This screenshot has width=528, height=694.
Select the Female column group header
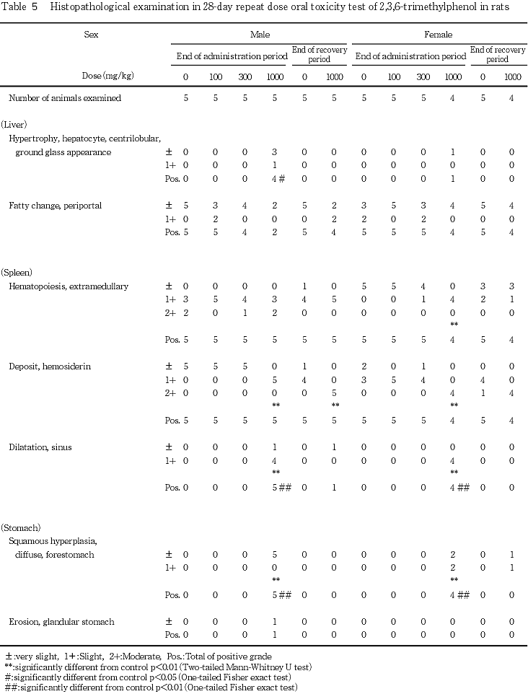(x=436, y=34)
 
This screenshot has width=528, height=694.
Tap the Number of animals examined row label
(x=65, y=97)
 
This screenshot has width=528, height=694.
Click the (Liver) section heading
(x=15, y=124)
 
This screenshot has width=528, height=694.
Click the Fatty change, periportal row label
(x=56, y=206)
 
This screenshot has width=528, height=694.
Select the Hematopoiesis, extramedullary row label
(x=69, y=286)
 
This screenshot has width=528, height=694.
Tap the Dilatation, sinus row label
(x=40, y=447)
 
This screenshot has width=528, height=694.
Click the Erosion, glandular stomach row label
(x=61, y=621)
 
